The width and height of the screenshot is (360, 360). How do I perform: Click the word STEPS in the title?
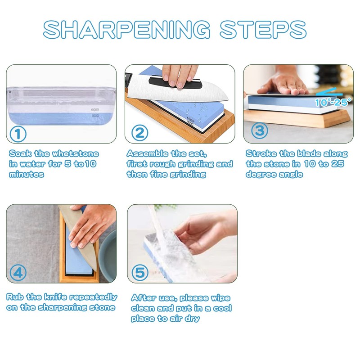(263, 29)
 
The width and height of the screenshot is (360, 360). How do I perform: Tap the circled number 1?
(18, 133)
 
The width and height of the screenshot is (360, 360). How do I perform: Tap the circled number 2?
(140, 133)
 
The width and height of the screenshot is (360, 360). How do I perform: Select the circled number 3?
(259, 131)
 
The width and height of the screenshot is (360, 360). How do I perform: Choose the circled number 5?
(140, 273)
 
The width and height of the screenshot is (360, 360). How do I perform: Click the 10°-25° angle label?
(333, 102)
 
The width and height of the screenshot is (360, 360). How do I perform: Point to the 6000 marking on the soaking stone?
(94, 110)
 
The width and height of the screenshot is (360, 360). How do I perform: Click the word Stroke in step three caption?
(261, 153)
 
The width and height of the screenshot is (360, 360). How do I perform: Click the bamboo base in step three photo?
(297, 118)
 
